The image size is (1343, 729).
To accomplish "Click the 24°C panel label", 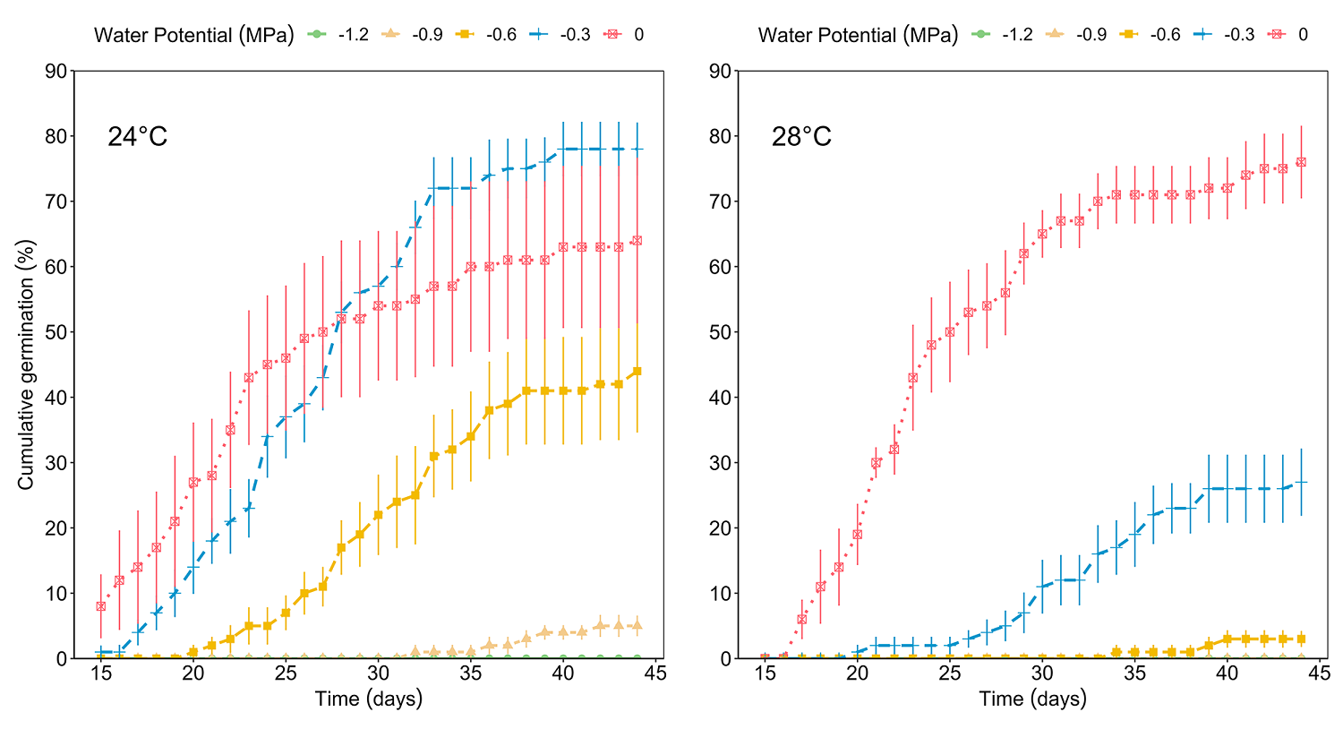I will (137, 137).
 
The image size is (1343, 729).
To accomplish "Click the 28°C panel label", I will (801, 137).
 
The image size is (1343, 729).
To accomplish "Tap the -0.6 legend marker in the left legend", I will (464, 35).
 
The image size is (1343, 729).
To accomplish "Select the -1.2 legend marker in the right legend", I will (979, 35).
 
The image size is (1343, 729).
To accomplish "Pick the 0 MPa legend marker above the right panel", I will (1277, 35).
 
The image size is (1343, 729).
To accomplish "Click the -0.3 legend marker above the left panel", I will (538, 35).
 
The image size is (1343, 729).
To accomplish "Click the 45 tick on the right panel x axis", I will (1319, 673).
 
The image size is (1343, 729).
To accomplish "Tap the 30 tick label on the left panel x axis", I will (378, 673).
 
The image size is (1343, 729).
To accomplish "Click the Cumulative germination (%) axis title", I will (26, 364).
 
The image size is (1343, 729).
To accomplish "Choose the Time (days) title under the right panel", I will (1032, 699).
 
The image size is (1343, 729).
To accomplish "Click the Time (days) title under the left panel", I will (368, 699).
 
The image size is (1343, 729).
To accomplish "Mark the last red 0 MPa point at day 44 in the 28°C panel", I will (1301, 162).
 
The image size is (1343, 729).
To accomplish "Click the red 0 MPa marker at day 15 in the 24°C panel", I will (101, 606).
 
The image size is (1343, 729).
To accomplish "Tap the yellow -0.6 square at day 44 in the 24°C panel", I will (637, 371).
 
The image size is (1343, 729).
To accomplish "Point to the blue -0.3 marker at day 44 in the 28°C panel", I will (1301, 482).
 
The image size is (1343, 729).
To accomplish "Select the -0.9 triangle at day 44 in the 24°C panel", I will (637, 625).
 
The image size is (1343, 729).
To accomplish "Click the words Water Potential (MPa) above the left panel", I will (193, 35).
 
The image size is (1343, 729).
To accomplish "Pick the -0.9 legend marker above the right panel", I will (1054, 35).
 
